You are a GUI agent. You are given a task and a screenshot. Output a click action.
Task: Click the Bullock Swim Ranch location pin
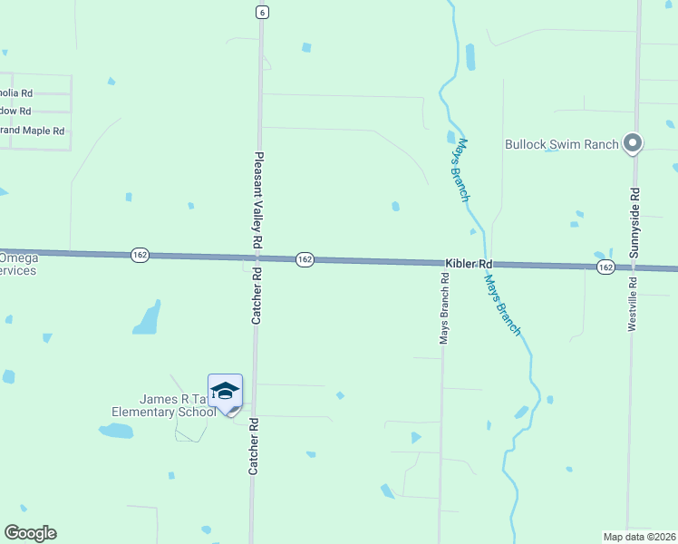(634, 142)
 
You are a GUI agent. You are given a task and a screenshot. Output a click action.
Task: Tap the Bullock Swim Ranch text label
(561, 144)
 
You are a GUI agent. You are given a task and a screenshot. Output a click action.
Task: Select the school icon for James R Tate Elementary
(225, 391)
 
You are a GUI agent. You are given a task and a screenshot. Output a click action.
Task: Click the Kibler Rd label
(469, 263)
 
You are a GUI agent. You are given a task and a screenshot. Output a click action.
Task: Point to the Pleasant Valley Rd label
(258, 200)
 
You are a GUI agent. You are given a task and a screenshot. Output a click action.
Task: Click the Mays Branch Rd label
(444, 310)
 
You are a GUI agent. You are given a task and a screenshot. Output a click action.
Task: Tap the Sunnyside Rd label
(634, 223)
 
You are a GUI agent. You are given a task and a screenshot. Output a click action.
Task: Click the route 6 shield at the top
(261, 12)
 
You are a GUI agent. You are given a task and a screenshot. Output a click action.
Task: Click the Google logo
(30, 533)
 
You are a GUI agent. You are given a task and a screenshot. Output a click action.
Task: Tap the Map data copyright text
(639, 536)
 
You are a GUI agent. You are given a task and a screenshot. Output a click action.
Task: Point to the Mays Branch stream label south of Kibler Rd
(502, 306)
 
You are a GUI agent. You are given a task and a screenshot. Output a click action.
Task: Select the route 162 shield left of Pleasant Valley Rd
(140, 256)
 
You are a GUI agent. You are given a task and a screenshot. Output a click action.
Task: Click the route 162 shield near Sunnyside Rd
(605, 267)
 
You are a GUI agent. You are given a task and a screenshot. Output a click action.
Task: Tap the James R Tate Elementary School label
(164, 405)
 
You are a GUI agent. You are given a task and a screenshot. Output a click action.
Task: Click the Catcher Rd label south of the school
(255, 446)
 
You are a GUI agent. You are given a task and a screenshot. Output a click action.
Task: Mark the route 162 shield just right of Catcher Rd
(305, 259)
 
